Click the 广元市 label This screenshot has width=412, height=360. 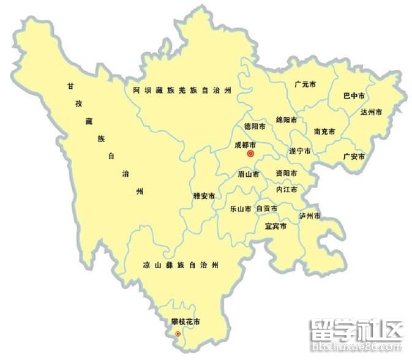click(x=304, y=84)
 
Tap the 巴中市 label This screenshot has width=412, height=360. click(x=354, y=96)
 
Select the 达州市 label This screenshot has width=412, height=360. click(x=370, y=112)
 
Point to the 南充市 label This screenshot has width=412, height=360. click(x=324, y=132)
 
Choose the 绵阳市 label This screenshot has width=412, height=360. click(x=287, y=119)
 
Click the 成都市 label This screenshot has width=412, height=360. click(x=245, y=145)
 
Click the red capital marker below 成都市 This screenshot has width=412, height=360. click(x=250, y=154)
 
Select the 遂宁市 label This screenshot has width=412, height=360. click(x=299, y=151)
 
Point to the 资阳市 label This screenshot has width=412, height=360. click(x=287, y=173)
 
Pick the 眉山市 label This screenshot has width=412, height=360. click(x=249, y=174)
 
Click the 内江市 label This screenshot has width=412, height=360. click(x=287, y=190)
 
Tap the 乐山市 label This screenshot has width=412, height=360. click(x=240, y=209)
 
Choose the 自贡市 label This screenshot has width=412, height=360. click(x=266, y=209)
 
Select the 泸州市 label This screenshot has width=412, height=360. click(x=310, y=216)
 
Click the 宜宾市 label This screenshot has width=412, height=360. click(x=275, y=227)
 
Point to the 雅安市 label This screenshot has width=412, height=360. click(x=204, y=196)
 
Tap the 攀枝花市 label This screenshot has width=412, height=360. click(x=185, y=321)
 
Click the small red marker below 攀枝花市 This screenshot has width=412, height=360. click(x=178, y=334)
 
